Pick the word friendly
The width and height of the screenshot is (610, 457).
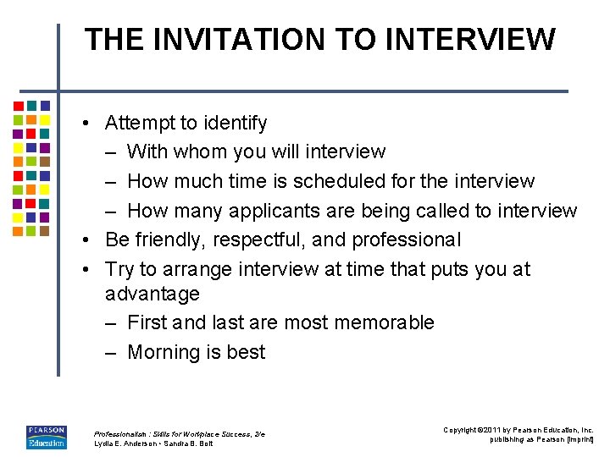point(169,240)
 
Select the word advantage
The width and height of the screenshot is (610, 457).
point(152,295)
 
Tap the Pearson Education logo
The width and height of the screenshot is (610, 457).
point(46,436)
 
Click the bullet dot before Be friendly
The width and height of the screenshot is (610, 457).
point(87,240)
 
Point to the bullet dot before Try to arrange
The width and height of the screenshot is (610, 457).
point(87,270)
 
